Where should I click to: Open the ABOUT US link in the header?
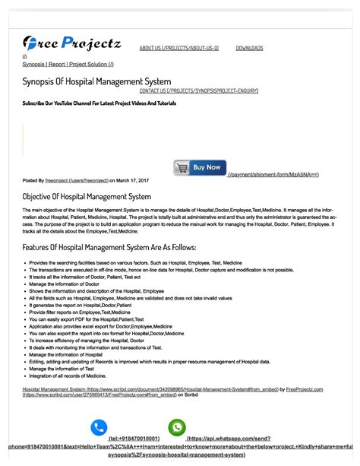(178, 48)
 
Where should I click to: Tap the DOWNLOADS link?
(249, 48)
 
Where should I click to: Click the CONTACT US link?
(198, 90)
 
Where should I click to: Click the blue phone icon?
(99, 428)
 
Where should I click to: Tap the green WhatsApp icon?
(177, 428)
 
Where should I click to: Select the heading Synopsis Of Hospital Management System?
(96, 81)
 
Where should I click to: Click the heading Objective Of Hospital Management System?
(87, 196)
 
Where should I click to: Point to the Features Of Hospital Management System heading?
(109, 247)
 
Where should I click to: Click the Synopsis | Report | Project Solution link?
(68, 65)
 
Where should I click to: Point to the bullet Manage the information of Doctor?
(68, 284)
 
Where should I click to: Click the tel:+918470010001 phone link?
(134, 439)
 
